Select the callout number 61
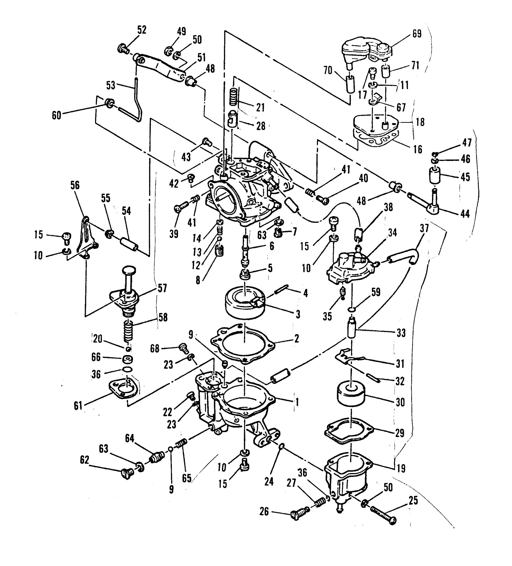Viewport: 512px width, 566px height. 78,405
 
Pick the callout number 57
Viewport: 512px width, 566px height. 162,288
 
